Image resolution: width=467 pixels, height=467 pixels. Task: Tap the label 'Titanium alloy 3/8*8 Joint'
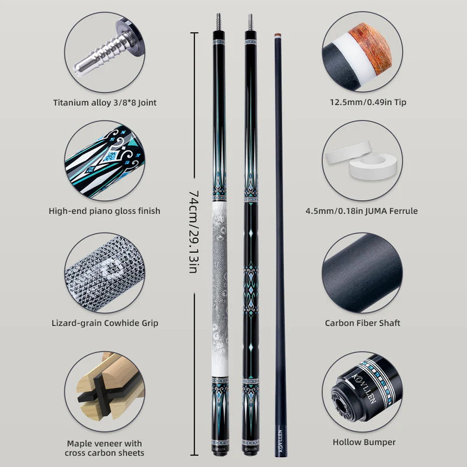104,103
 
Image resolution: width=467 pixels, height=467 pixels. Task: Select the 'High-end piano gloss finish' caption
104,211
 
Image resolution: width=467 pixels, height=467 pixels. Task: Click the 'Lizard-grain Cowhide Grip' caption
104,323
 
